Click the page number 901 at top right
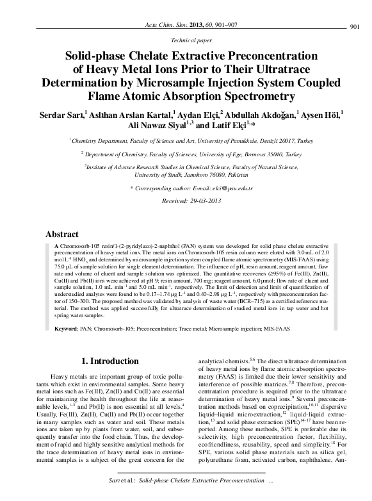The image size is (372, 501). coord(358,26)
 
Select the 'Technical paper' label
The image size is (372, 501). coord(186,39)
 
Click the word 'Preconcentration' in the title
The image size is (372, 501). coord(256,55)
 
